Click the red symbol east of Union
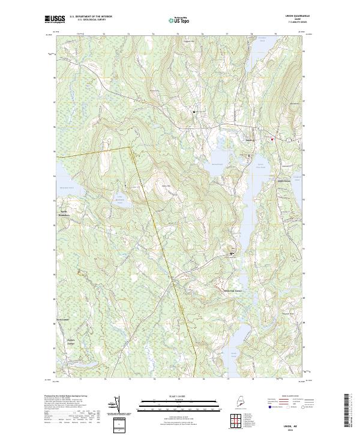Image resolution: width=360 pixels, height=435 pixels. point(272,139)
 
